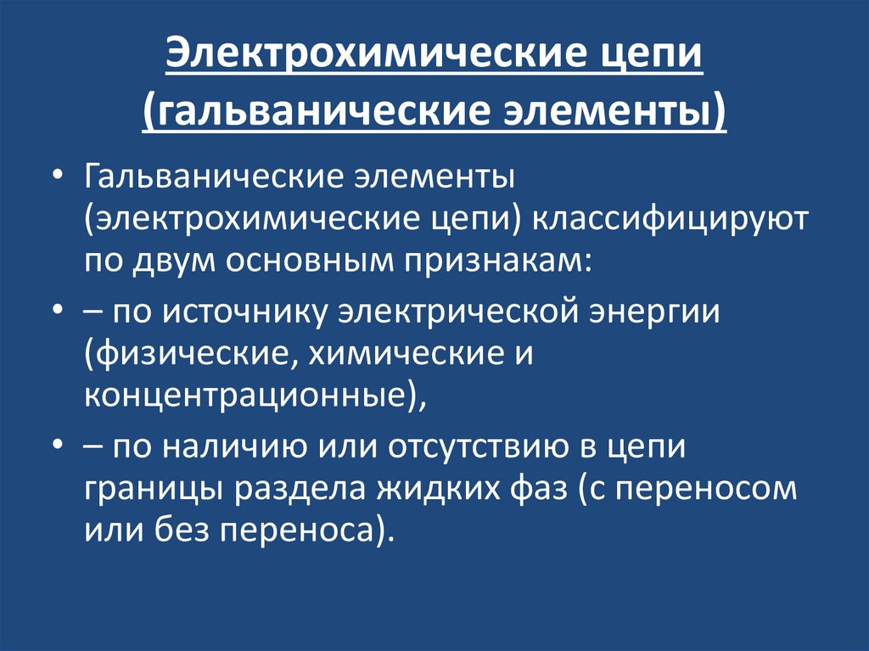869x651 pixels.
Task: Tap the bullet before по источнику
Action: point(56,311)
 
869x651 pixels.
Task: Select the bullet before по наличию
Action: point(56,446)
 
